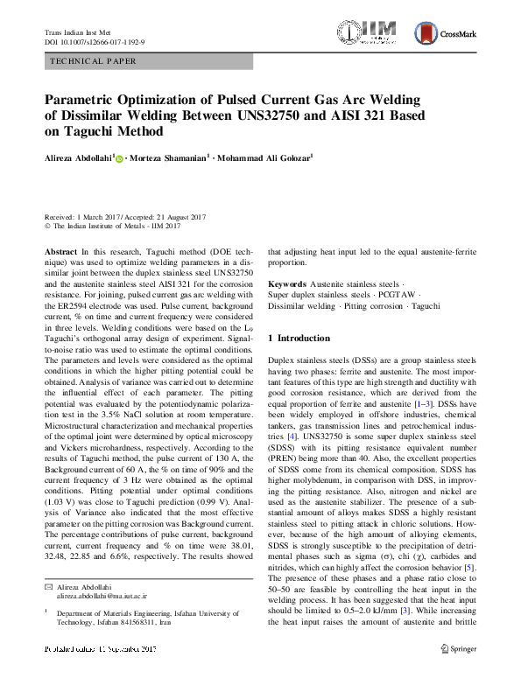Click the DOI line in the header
(x=95, y=41)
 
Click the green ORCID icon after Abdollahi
(x=120, y=158)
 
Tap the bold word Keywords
(x=287, y=284)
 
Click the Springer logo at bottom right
(x=457, y=674)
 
